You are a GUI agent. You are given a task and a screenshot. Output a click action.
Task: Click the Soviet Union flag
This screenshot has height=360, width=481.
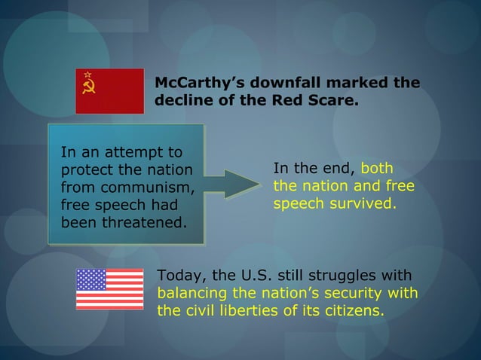(x=109, y=91)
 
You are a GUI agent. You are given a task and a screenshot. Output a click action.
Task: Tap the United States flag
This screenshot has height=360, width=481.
(x=109, y=289)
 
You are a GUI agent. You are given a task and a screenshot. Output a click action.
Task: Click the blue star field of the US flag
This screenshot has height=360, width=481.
(x=91, y=280)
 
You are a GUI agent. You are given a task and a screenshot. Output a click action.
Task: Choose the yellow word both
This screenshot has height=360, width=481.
(x=377, y=168)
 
